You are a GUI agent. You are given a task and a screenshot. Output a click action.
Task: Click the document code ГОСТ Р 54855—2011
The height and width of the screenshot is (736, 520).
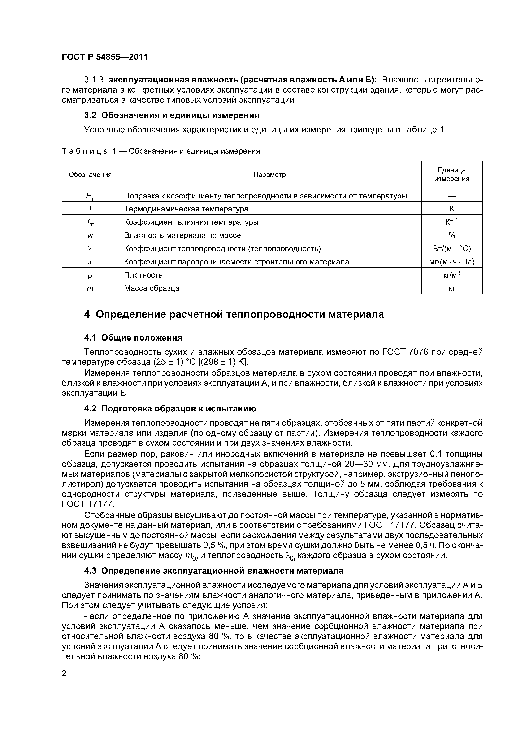click(105, 57)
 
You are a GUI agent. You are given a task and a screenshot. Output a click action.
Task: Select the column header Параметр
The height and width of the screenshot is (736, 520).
click(269, 175)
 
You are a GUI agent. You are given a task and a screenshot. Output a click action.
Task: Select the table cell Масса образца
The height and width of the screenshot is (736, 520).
click(152, 288)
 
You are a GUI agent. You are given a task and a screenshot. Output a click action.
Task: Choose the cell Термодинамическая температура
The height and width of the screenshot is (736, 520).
click(186, 209)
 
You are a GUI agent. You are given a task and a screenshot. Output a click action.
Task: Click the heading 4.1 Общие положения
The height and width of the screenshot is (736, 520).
click(133, 338)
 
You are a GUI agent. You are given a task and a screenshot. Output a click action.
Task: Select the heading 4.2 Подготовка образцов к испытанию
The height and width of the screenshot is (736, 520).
click(170, 409)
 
